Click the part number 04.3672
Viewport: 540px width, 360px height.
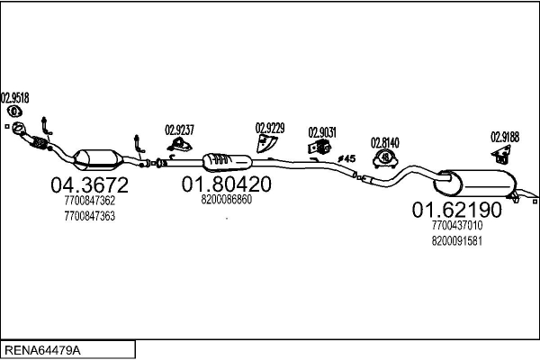click(89, 185)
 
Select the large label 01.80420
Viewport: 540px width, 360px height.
click(226, 184)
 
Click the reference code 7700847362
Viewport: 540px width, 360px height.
click(89, 202)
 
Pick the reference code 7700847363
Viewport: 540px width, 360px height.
click(89, 217)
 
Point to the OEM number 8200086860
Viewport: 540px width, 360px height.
click(226, 200)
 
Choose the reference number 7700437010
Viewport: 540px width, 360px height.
click(457, 226)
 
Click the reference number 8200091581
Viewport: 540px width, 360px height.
click(457, 241)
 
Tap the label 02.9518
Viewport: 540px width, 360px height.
click(14, 97)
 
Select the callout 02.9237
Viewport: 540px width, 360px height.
click(179, 129)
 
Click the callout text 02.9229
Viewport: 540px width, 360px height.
click(270, 128)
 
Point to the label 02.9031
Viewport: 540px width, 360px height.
click(322, 131)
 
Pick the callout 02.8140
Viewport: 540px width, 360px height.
click(385, 141)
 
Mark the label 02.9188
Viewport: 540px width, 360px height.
click(504, 137)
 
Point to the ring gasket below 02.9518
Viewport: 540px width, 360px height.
click(14, 112)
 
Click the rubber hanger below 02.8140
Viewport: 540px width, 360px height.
click(385, 158)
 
